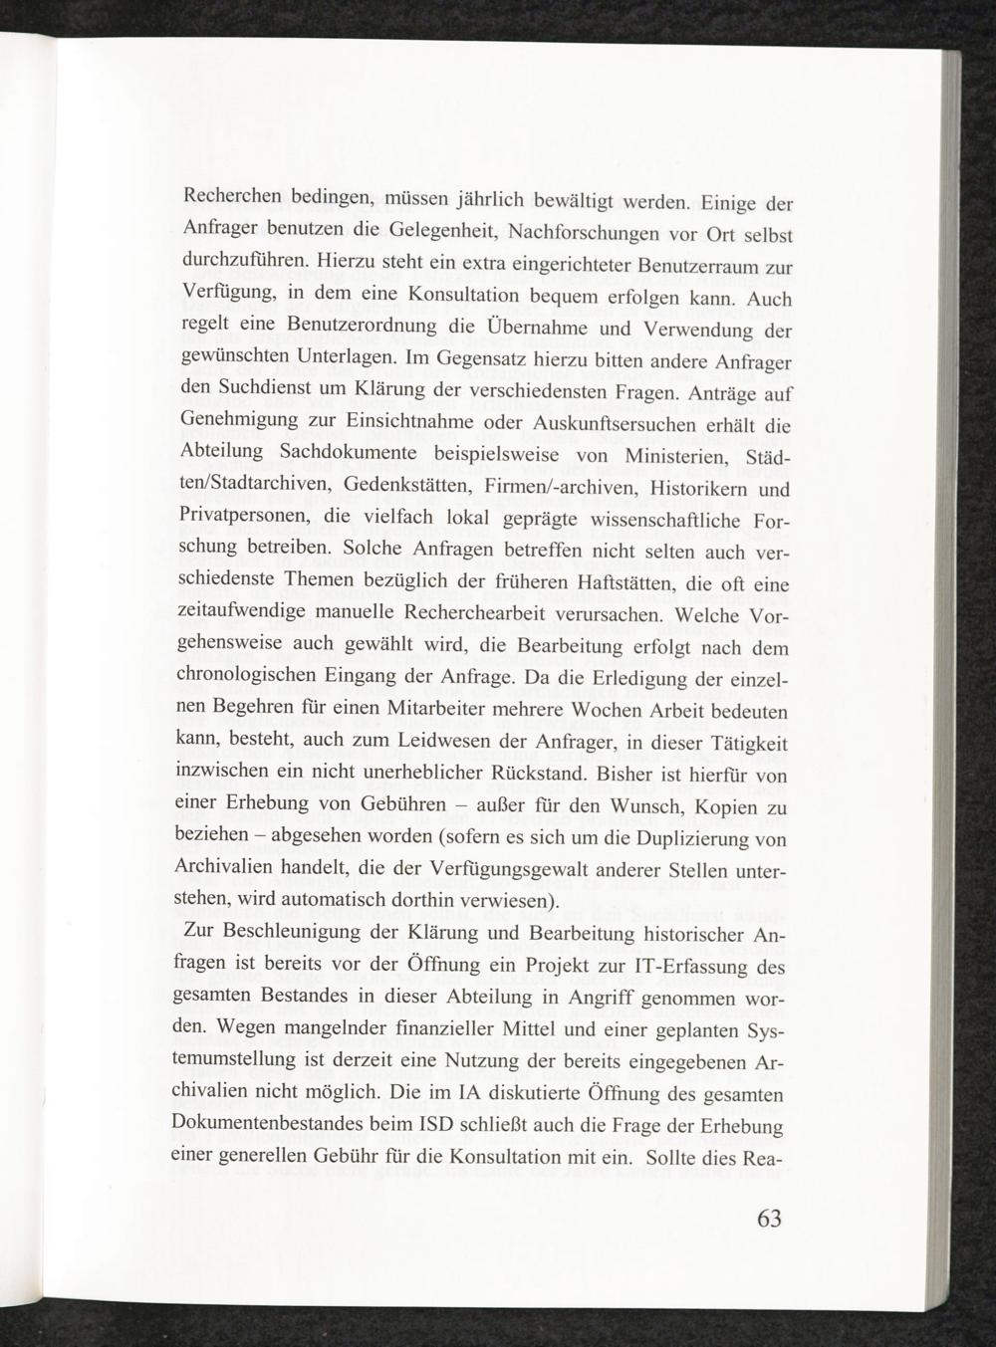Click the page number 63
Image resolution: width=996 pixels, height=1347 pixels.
(x=769, y=1219)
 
